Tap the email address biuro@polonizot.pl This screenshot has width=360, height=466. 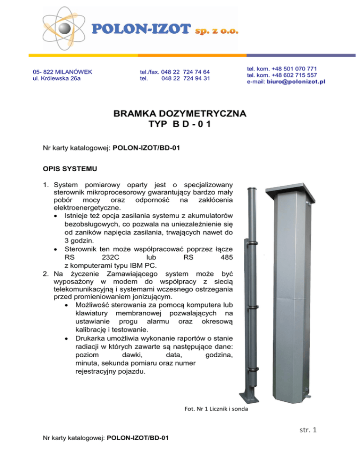[x=300, y=82]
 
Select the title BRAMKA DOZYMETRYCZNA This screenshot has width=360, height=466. [x=180, y=114]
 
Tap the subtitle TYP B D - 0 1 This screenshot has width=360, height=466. [x=180, y=126]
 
